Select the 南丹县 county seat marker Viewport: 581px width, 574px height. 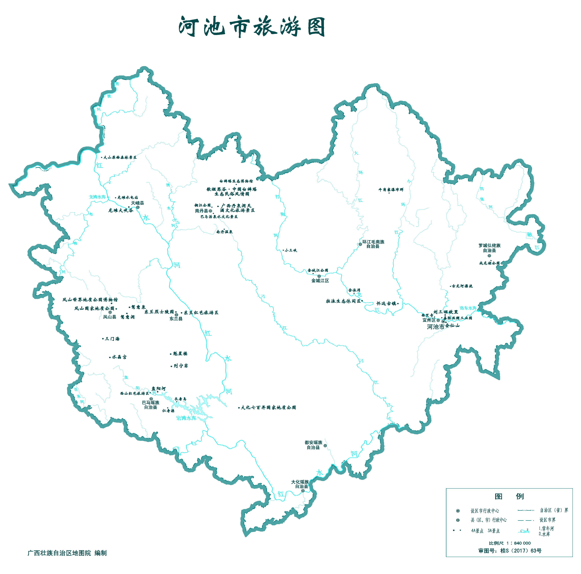pos(210,211)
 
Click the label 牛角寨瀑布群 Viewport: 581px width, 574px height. pos(391,190)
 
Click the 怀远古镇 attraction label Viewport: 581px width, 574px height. pos(386,304)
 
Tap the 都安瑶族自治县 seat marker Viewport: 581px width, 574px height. pos(325,446)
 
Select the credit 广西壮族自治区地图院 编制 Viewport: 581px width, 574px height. pos(67,553)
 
